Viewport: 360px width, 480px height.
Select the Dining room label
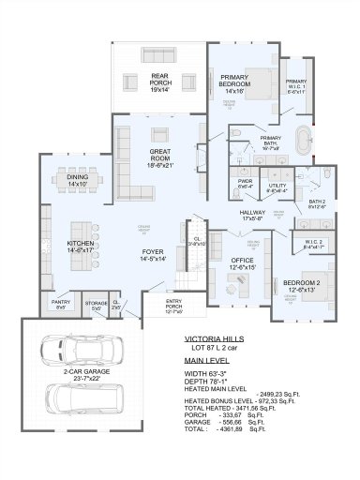click(79, 182)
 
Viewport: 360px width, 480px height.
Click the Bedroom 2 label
click(304, 286)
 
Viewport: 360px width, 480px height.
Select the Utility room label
click(277, 187)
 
